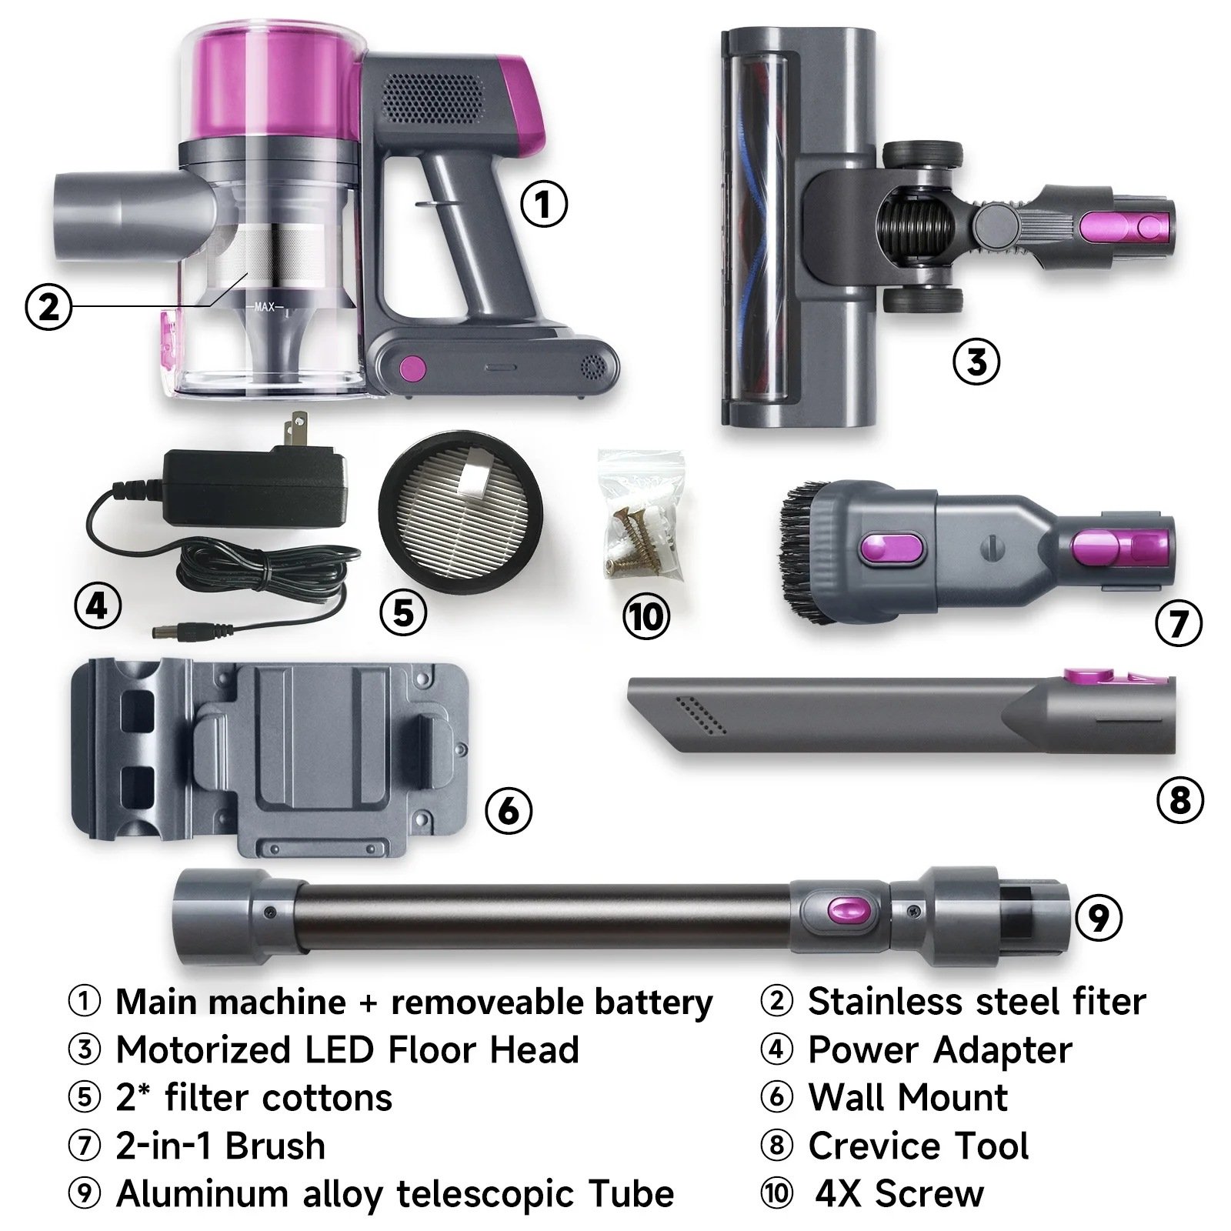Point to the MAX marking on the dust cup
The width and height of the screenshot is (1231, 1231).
click(265, 307)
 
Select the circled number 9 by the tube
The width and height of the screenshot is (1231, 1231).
click(1098, 917)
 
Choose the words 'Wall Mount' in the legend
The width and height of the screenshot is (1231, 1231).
click(908, 1097)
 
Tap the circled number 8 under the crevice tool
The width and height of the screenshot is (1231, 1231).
click(1180, 800)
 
